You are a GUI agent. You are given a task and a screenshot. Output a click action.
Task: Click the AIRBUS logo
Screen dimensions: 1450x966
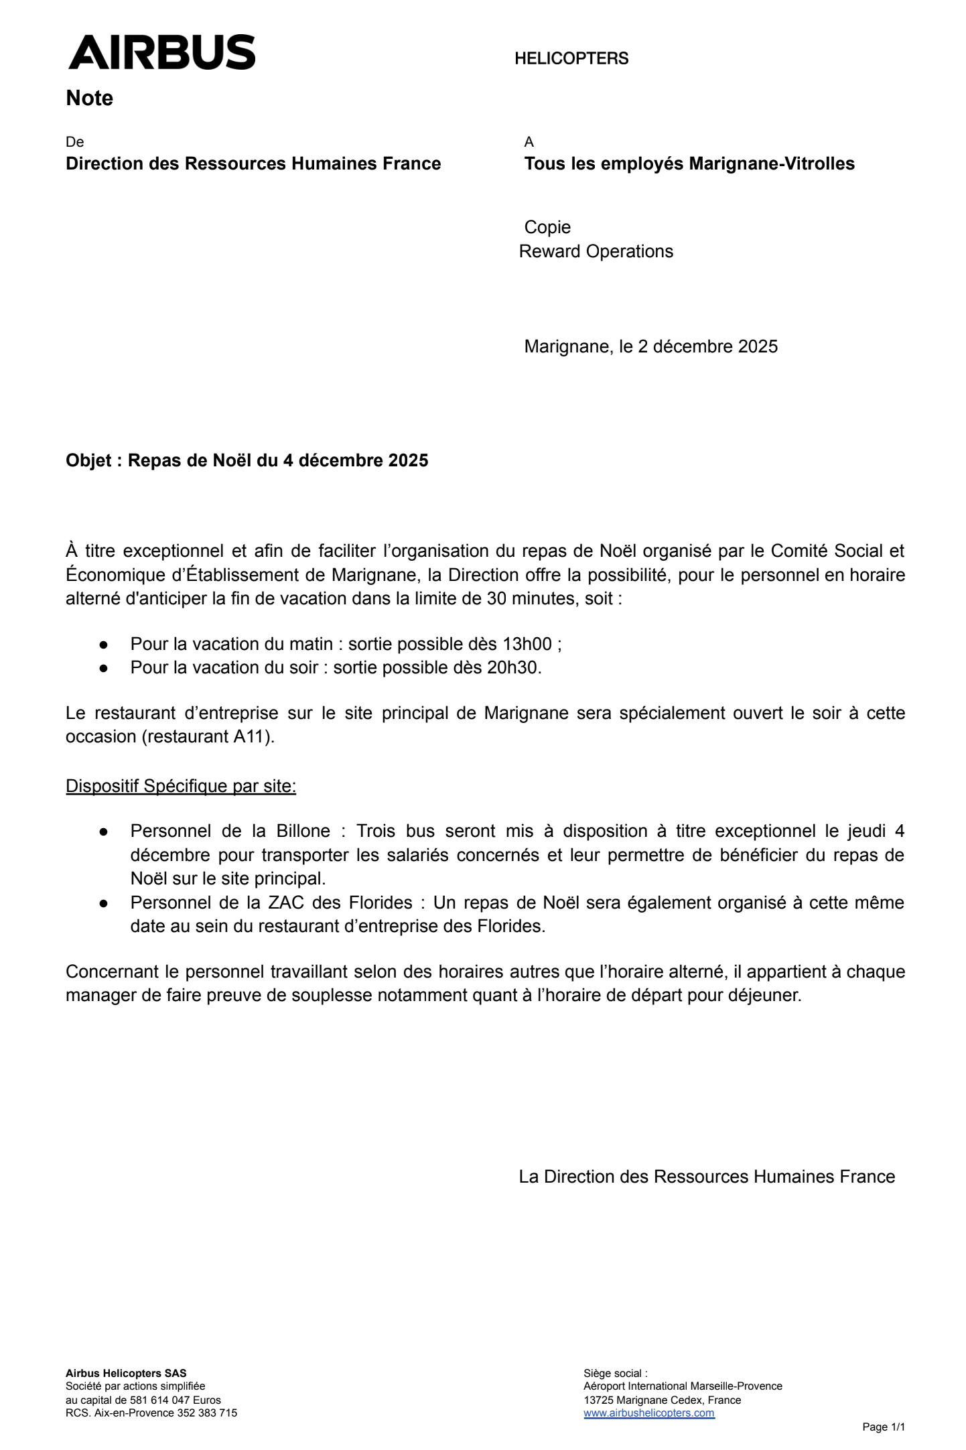[x=161, y=52]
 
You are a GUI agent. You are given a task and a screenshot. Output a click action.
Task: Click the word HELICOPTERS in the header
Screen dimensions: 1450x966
[x=571, y=59]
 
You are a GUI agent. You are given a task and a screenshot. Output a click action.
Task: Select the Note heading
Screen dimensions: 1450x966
[x=89, y=98]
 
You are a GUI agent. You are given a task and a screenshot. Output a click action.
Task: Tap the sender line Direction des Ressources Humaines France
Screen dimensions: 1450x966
[x=253, y=164]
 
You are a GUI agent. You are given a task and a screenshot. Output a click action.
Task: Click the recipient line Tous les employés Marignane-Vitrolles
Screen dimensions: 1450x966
[x=689, y=164]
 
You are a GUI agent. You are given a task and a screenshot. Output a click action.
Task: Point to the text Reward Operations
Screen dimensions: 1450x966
[x=596, y=252]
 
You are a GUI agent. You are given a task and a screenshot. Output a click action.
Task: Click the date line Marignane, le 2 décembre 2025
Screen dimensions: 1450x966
[x=650, y=347]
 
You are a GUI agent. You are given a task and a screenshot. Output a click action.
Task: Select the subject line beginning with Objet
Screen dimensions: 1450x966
[x=247, y=461]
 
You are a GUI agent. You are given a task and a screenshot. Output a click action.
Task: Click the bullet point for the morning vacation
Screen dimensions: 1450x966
[x=104, y=645]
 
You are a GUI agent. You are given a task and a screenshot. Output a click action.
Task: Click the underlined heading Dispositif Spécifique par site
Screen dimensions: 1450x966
[x=181, y=787]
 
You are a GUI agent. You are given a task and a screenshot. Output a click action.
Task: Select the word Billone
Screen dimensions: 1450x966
[x=303, y=832]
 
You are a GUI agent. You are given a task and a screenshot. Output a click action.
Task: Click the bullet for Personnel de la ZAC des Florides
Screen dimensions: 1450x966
[x=104, y=903]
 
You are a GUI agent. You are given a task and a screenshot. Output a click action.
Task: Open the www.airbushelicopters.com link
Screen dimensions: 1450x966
[x=648, y=1413]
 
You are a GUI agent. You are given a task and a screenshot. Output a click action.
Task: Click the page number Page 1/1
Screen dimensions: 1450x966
[x=883, y=1427]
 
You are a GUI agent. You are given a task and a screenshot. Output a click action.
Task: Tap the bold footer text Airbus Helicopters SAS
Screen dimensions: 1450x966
[x=126, y=1374]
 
